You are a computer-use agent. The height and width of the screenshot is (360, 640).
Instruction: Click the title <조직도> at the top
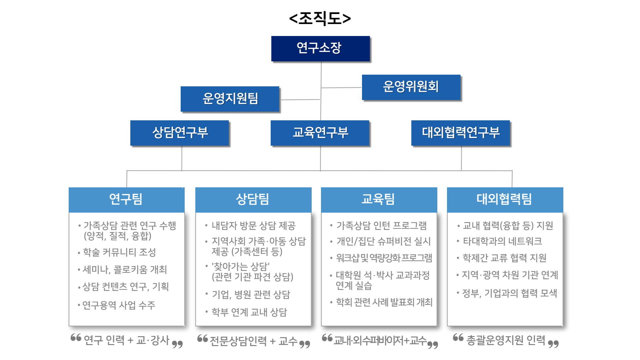point(320,18)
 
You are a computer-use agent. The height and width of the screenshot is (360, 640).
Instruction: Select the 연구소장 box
point(320,48)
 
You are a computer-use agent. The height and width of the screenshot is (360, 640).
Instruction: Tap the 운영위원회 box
point(411,87)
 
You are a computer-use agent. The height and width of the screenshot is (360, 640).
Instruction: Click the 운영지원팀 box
point(230,99)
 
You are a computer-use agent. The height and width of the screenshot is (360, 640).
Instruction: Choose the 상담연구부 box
point(180,133)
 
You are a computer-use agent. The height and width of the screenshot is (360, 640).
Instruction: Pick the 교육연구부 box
point(320,133)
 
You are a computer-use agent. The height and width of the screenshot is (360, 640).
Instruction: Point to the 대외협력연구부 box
point(460,133)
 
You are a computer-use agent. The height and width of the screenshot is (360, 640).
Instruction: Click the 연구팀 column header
point(126,199)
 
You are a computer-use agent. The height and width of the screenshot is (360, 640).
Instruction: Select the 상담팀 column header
point(253,199)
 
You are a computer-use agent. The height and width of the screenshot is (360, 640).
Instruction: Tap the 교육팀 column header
point(379,199)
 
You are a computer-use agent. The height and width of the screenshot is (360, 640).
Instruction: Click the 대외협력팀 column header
point(505,199)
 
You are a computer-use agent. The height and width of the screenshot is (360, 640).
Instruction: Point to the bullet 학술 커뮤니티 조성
point(119,252)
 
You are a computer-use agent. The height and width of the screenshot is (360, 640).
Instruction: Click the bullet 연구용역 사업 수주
point(119,305)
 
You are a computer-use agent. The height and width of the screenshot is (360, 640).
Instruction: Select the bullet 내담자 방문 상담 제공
point(253,226)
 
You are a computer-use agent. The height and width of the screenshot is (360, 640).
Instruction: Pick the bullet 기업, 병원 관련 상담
point(251,295)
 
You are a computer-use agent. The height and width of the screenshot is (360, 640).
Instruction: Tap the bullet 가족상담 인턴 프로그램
point(381,226)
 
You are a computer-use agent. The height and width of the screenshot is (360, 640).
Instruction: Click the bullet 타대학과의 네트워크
point(502,241)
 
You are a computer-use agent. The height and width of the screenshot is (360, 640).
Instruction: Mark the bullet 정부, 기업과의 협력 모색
point(509,293)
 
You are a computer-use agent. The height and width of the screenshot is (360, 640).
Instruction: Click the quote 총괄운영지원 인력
point(505,340)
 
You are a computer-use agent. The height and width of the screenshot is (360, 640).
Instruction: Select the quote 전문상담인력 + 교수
point(253,341)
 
